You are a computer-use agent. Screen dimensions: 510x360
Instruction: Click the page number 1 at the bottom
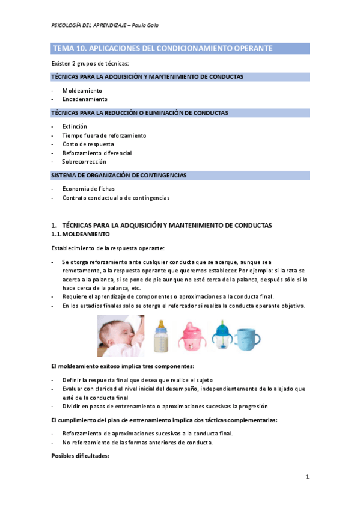(307, 477)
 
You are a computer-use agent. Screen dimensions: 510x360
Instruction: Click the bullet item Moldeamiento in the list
(82, 90)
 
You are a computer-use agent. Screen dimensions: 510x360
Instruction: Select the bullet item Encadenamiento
(85, 99)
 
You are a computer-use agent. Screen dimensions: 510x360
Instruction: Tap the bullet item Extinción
(75, 127)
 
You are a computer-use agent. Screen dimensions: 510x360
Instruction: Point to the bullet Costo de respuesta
(88, 144)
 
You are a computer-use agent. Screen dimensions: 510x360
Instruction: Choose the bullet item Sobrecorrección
(84, 162)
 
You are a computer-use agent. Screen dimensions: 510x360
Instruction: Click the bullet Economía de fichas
(88, 189)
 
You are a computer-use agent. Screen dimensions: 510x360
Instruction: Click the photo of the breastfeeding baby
(120, 336)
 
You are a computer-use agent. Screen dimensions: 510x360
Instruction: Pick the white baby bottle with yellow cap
(160, 336)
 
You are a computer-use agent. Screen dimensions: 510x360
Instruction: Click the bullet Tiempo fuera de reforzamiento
(104, 135)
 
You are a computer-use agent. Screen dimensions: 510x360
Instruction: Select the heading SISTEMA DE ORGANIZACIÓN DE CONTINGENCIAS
(118, 176)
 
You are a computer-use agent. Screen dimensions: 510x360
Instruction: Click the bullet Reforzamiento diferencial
(97, 153)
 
